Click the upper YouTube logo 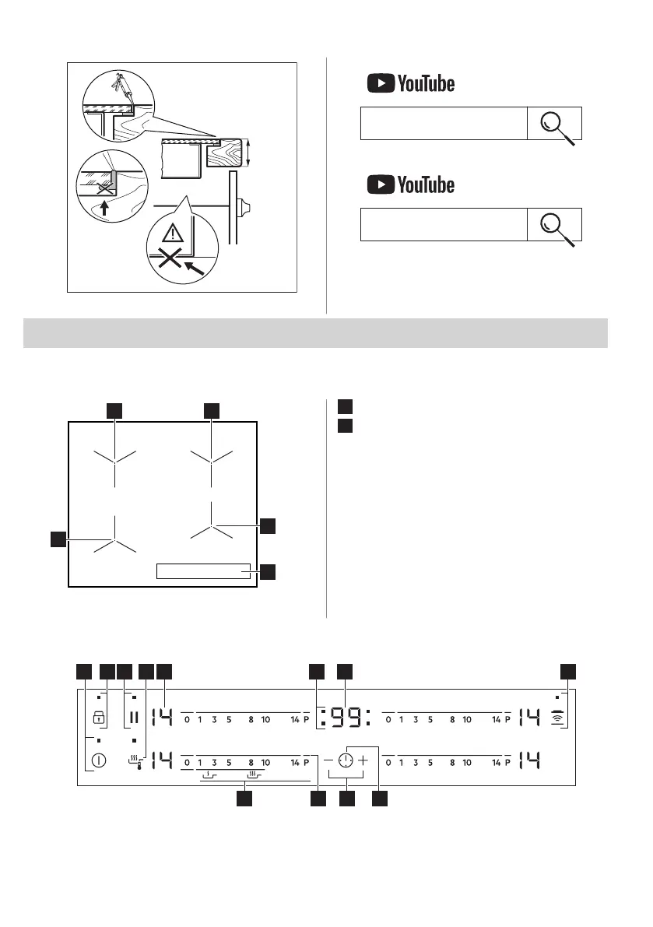410,83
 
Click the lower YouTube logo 410,184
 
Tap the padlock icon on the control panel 99,718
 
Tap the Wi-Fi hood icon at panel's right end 557,718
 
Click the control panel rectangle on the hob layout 204,571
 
